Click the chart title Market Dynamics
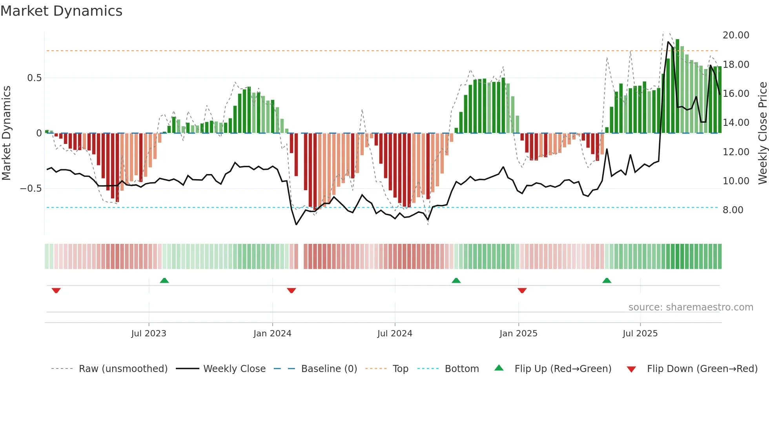coord(61,11)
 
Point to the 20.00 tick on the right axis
coord(736,35)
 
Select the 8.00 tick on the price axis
coord(733,210)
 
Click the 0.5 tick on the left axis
coord(34,78)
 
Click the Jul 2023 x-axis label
coord(149,334)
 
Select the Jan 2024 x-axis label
coord(272,334)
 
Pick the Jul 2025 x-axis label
coord(640,334)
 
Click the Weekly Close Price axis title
coord(762,133)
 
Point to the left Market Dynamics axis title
coord(6,133)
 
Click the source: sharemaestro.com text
coord(691,307)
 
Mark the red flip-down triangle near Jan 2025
coord(522,290)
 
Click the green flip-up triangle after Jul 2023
coord(164,280)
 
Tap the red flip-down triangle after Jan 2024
coord(291,290)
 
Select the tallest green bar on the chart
coord(677,86)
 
